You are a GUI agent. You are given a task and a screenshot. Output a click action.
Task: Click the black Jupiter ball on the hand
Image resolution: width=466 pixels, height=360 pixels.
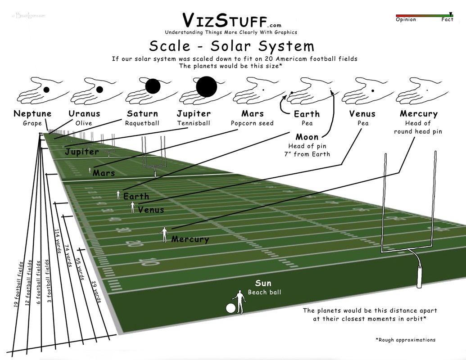tap(207, 86)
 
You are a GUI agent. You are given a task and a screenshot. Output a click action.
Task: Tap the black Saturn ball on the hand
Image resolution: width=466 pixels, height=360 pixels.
tap(153, 86)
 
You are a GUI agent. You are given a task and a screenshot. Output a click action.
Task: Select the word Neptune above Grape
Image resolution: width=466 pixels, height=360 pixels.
tap(32, 114)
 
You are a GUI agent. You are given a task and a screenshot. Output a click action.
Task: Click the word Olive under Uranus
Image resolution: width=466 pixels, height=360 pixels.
tap(84, 123)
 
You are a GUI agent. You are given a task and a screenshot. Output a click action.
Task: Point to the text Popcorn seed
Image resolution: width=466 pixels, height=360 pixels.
tap(252, 123)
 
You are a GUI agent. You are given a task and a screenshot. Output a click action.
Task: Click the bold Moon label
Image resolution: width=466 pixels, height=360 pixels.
tap(307, 137)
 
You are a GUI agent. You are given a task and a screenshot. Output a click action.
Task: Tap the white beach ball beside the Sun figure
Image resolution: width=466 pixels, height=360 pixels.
tap(231, 308)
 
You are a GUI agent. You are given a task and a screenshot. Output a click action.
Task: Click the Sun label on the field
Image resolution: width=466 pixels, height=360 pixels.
tap(263, 283)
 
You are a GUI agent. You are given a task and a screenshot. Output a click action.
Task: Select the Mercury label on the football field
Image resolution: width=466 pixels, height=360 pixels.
tap(190, 239)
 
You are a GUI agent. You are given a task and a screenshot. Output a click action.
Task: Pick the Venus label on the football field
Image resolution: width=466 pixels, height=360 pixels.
tap(151, 210)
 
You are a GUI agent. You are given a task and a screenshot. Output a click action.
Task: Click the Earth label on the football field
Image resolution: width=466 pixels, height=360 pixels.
tap(136, 197)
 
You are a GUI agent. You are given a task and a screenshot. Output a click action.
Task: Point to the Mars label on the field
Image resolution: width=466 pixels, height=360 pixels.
tap(104, 173)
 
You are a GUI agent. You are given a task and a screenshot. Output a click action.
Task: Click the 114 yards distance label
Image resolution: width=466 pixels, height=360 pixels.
tap(58, 241)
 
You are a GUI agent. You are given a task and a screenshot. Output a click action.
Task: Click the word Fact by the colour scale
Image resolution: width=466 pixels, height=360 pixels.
tap(447, 20)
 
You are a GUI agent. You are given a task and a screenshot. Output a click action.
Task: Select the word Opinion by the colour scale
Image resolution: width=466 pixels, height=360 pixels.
tap(406, 20)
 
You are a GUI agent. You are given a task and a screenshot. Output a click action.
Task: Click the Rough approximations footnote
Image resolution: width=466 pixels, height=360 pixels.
tap(405, 340)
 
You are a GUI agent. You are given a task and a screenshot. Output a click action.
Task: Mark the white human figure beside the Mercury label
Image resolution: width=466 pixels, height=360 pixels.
tap(164, 234)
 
